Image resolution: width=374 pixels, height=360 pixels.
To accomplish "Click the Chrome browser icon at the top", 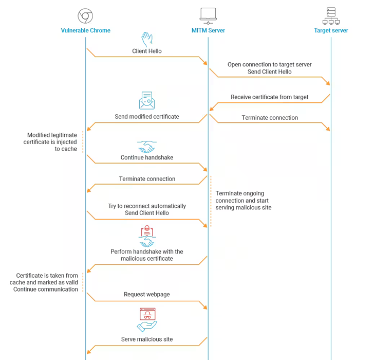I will pos(85,16).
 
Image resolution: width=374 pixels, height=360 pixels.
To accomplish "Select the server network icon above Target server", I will pos(331,16).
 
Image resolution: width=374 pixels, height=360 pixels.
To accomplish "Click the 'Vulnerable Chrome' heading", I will pos(85,30).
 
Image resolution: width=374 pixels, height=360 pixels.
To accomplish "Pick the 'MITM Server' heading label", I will pos(208,30).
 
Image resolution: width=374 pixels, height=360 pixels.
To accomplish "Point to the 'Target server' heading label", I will pos(331,30).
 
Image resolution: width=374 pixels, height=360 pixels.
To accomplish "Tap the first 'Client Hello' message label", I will pos(147,51).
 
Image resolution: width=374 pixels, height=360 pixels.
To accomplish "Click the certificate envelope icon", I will pos(147,101).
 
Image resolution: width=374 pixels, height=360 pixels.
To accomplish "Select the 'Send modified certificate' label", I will pos(147,117).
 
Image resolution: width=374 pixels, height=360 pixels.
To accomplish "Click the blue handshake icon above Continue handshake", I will pos(147,146).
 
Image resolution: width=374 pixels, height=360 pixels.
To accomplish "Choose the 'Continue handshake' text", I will pos(147,158).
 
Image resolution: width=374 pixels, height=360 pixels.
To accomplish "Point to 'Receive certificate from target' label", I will pos(269,97).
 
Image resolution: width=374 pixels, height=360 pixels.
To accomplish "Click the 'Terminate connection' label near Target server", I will pos(269,118).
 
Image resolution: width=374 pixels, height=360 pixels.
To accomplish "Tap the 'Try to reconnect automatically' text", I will pos(147,206).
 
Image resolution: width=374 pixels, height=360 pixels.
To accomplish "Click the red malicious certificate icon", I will pos(147,231).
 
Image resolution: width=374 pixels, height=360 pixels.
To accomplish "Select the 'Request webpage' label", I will pos(147,295).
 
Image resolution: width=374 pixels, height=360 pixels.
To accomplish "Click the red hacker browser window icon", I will pos(147,314).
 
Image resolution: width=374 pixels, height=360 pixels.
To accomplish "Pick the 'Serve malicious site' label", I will pos(147,339).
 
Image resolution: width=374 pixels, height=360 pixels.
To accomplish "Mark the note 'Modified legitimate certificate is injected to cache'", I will pos(52,142).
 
